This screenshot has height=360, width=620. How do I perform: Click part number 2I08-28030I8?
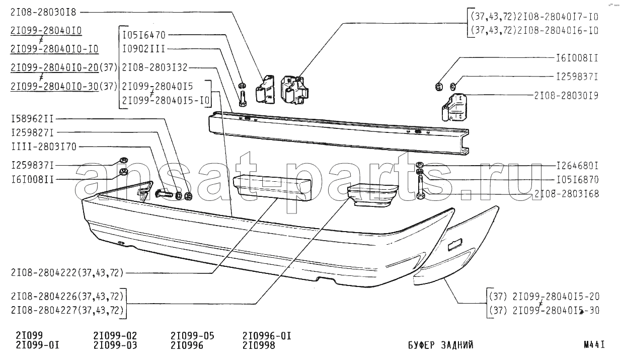tap(43, 13)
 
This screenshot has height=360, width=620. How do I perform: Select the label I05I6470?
tap(144, 35)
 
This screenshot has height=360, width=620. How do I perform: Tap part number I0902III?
tap(143, 49)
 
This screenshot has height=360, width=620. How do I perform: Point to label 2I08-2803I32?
tap(154, 67)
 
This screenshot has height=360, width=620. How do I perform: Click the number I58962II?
tap(32, 119)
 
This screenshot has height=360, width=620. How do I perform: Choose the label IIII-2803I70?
tap(44, 147)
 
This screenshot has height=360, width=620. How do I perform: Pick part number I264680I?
tap(577, 166)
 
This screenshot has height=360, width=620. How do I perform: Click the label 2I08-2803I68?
tap(567, 193)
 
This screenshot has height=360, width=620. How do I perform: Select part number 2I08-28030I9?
tap(566, 96)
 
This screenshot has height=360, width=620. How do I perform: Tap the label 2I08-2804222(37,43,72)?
tap(67, 273)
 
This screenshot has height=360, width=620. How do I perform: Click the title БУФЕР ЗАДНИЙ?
tap(441, 345)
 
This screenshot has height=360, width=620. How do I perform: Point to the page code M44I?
tap(594, 345)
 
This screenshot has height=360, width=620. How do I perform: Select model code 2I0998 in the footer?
tap(259, 345)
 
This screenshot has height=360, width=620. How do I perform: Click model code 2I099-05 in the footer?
tap(192, 336)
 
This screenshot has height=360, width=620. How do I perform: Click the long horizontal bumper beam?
tap(339, 133)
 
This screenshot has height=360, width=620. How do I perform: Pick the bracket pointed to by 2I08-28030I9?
tap(454, 107)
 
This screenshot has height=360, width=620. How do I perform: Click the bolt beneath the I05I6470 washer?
tap(243, 98)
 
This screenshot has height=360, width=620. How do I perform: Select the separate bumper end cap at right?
tap(456, 246)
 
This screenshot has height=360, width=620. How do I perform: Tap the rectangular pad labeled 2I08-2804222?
tap(272, 187)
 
